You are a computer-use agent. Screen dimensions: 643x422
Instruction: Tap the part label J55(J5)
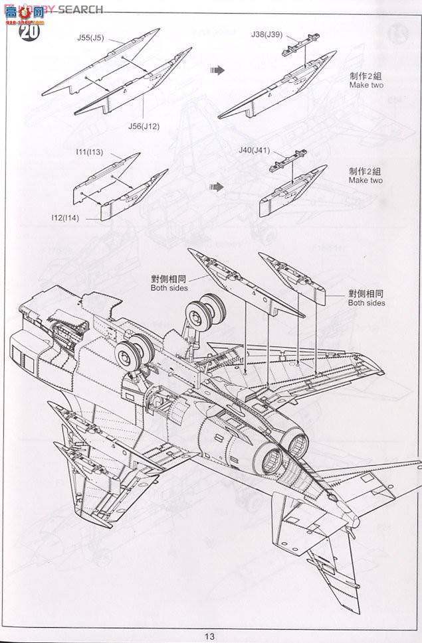point(89,38)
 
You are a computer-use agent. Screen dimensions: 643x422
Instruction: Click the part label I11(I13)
point(89,152)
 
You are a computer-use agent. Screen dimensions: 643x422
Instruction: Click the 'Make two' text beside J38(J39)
point(366,86)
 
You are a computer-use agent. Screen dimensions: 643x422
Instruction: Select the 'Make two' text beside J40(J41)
point(366,180)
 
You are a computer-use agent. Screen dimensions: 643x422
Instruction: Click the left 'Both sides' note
point(169,288)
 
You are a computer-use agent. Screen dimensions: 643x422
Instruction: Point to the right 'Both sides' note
point(366,303)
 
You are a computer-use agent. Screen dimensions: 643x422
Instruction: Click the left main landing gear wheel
point(130,351)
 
